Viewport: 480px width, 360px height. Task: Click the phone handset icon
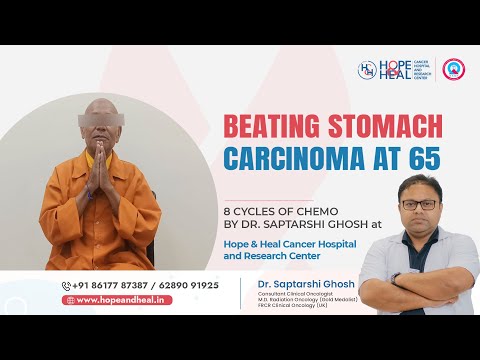66,285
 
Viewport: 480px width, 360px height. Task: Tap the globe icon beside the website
70,300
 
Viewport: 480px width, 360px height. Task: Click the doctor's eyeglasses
422,203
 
